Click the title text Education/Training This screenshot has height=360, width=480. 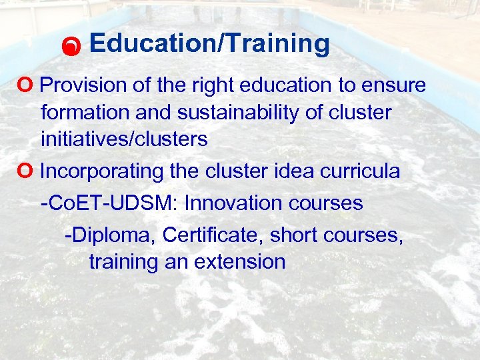tap(209, 44)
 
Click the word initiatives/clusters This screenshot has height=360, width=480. tap(124, 139)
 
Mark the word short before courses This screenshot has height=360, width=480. tap(301, 235)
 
